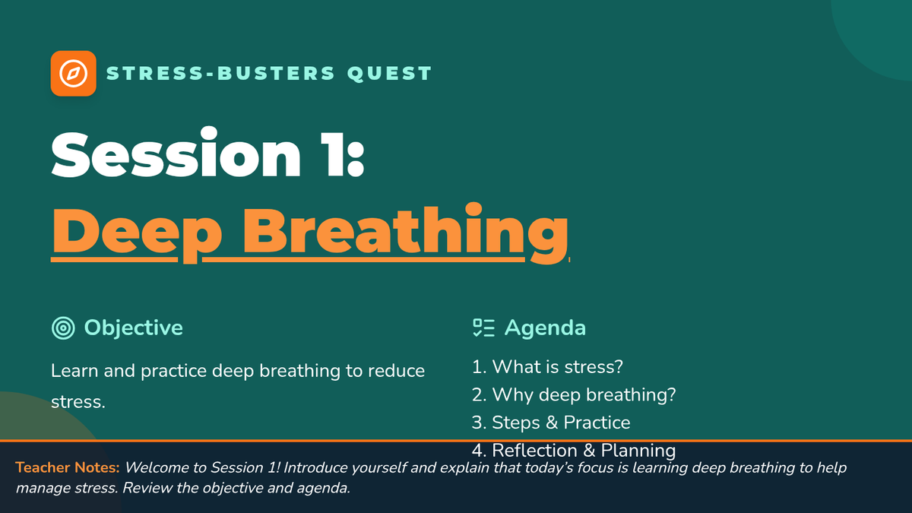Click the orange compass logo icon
[x=73, y=73]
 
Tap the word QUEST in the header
[x=390, y=74]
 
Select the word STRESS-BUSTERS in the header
[x=220, y=73]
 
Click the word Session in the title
[x=176, y=154]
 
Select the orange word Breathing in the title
[x=406, y=233]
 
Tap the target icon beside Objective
[x=63, y=328]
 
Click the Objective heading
[x=134, y=328]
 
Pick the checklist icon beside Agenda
[x=483, y=328]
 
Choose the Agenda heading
[x=545, y=328]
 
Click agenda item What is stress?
[x=547, y=367]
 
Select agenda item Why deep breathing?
[x=574, y=395]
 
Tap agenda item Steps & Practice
[x=551, y=423]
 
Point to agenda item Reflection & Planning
[x=574, y=451]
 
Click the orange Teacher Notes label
[x=68, y=467]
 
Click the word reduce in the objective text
[x=396, y=371]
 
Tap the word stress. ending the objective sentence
[x=78, y=402]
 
